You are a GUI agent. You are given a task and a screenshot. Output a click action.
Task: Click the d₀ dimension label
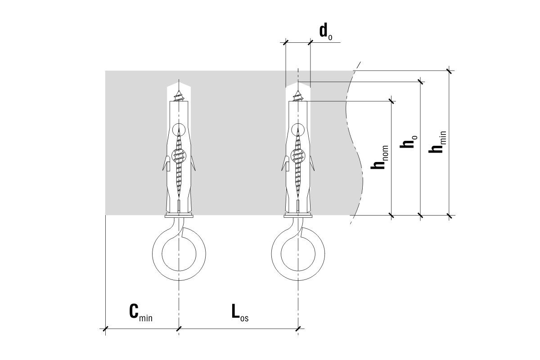click(x=325, y=31)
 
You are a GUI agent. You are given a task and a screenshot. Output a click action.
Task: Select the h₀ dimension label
click(x=409, y=142)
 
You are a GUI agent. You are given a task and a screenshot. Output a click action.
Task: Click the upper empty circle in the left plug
click(x=179, y=129)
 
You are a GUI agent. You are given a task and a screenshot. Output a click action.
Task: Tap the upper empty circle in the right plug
click(x=298, y=130)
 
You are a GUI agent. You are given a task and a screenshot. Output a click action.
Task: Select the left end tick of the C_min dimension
click(x=105, y=329)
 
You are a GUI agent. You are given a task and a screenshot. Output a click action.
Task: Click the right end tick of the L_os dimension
click(x=298, y=329)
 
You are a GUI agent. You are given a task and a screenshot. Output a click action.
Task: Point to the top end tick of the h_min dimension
click(x=449, y=71)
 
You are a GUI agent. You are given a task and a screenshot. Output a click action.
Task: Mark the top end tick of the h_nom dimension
click(x=391, y=101)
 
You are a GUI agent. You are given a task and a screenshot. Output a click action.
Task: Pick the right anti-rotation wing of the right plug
click(x=311, y=164)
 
